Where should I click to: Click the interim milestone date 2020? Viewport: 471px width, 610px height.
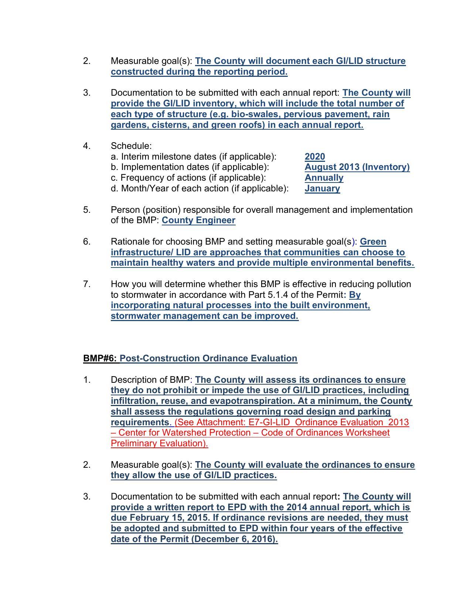tap(314, 157)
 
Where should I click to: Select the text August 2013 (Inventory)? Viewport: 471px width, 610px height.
tap(357, 167)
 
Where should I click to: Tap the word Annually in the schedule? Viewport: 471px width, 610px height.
tap(324, 178)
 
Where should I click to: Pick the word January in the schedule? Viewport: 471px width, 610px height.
tap(322, 188)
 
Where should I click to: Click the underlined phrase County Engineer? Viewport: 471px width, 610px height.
tap(198, 220)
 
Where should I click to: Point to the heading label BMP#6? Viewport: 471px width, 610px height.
tap(100, 358)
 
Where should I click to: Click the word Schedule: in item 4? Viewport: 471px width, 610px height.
tap(131, 146)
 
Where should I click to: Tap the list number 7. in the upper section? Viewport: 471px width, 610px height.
tap(87, 284)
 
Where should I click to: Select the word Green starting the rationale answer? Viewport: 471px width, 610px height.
tap(373, 242)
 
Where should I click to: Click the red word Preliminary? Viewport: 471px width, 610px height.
tap(134, 443)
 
